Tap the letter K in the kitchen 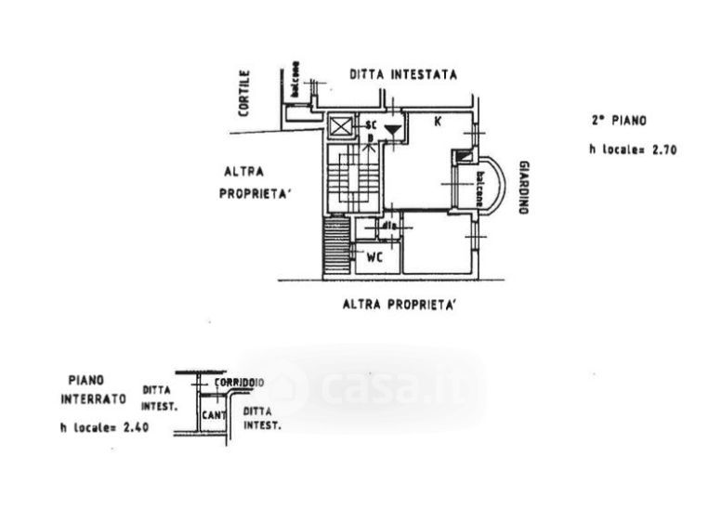click(x=437, y=121)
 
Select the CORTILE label click(x=244, y=94)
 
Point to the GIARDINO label click(x=525, y=187)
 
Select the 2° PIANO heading click(x=618, y=120)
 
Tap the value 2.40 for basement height click(x=135, y=428)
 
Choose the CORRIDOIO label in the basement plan click(x=240, y=382)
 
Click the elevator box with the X click(x=341, y=125)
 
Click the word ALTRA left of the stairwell click(x=244, y=171)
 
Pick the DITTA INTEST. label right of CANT click(x=261, y=417)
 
